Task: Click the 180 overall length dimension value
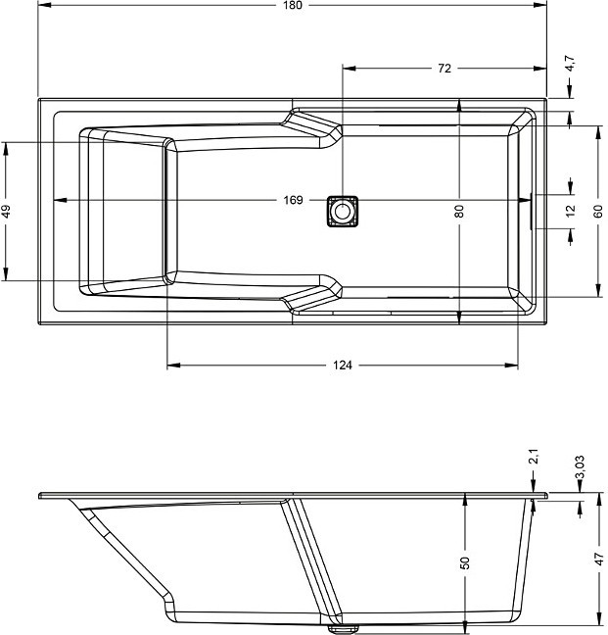click(293, 5)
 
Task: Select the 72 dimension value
click(444, 69)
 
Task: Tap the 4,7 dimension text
click(570, 64)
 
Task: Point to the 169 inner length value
click(293, 200)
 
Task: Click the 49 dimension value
click(6, 211)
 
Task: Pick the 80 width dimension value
click(459, 211)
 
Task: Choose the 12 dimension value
click(571, 211)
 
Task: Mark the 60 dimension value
click(598, 211)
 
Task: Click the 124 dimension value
click(343, 366)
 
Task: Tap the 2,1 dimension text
click(534, 457)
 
